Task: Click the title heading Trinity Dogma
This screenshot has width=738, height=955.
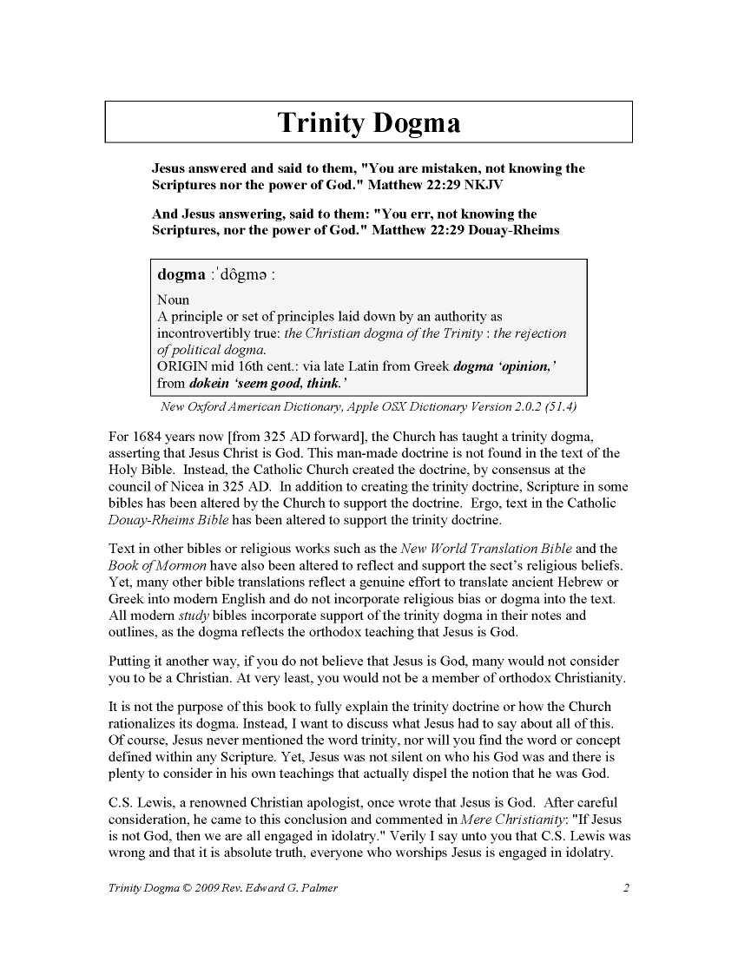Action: tap(368, 123)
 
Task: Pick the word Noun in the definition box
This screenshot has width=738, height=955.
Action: tap(173, 300)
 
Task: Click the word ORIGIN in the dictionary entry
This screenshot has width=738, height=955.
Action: tap(183, 366)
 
